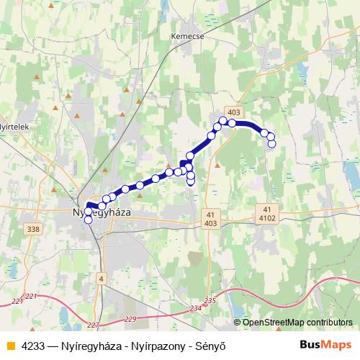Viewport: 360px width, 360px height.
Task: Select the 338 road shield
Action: [32, 229]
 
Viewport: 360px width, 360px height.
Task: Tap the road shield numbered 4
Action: [102, 278]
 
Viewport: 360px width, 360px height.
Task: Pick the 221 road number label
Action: [31, 296]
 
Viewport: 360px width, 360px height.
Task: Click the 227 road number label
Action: [94, 324]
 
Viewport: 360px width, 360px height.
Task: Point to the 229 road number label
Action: [130, 318]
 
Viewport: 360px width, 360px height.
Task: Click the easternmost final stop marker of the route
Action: [271, 144]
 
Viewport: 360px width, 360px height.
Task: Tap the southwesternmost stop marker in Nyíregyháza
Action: [89, 220]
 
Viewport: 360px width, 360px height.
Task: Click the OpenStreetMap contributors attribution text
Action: [293, 323]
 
